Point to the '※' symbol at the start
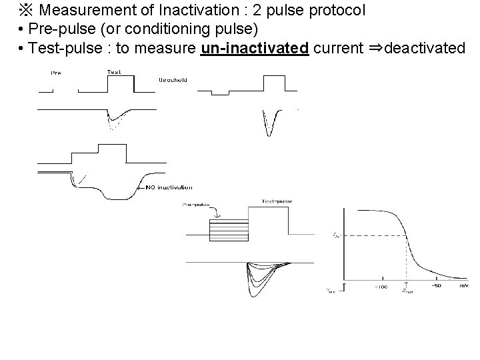click(x=25, y=11)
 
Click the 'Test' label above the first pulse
click(x=113, y=71)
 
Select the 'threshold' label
click(x=173, y=79)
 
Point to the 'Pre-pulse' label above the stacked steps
click(x=194, y=205)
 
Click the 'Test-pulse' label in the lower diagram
click(x=277, y=201)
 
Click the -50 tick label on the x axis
click(x=436, y=286)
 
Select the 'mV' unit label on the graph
click(x=463, y=286)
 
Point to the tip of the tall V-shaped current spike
click(x=269, y=135)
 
